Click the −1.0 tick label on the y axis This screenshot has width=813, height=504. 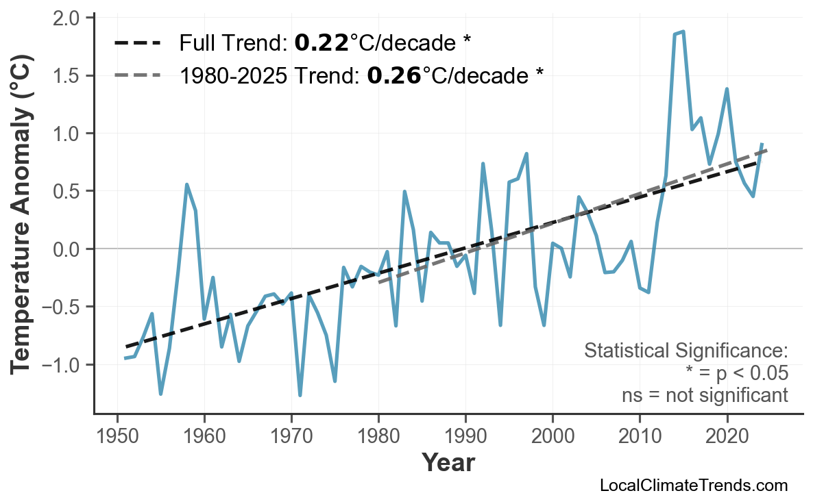pos(61,364)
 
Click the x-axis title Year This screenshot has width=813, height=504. pos(448,463)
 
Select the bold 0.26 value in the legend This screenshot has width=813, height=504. pos(394,75)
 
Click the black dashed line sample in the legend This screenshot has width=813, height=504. pos(138,44)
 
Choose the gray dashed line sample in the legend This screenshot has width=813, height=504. pos(138,75)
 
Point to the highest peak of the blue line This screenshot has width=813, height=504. pos(683,32)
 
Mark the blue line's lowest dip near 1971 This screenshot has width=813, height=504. pos(300,395)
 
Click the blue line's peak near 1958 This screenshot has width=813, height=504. pos(186,184)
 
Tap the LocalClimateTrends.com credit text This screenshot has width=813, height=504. pos(694,486)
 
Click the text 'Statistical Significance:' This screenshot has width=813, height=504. pos(685,351)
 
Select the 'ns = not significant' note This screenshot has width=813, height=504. pos(705,395)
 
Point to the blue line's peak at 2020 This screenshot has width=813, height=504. pos(727,89)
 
